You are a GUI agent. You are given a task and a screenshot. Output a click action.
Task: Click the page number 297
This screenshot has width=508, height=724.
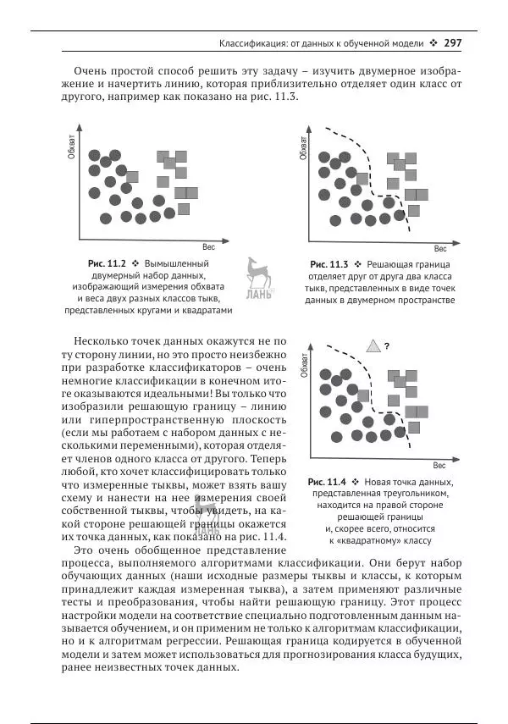click(x=453, y=41)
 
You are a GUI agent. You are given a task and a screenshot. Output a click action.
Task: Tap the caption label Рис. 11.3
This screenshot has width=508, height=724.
click(x=329, y=264)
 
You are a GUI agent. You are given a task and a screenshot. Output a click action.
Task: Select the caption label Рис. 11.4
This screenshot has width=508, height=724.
click(x=329, y=480)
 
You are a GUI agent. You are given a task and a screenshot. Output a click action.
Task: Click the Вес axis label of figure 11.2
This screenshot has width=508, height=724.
click(x=208, y=247)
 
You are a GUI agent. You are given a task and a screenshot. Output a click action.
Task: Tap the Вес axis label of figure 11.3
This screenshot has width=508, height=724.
click(x=440, y=248)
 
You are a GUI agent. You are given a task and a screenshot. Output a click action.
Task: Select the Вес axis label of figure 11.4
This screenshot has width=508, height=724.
click(x=439, y=465)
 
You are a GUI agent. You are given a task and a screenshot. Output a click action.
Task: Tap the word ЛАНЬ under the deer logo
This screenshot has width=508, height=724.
click(x=257, y=295)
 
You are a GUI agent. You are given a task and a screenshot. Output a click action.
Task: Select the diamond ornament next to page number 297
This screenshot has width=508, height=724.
click(x=433, y=41)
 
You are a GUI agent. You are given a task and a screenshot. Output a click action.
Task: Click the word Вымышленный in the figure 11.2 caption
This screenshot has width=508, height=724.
click(x=179, y=264)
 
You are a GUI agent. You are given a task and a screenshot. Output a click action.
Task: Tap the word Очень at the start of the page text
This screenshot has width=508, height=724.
click(x=91, y=69)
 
